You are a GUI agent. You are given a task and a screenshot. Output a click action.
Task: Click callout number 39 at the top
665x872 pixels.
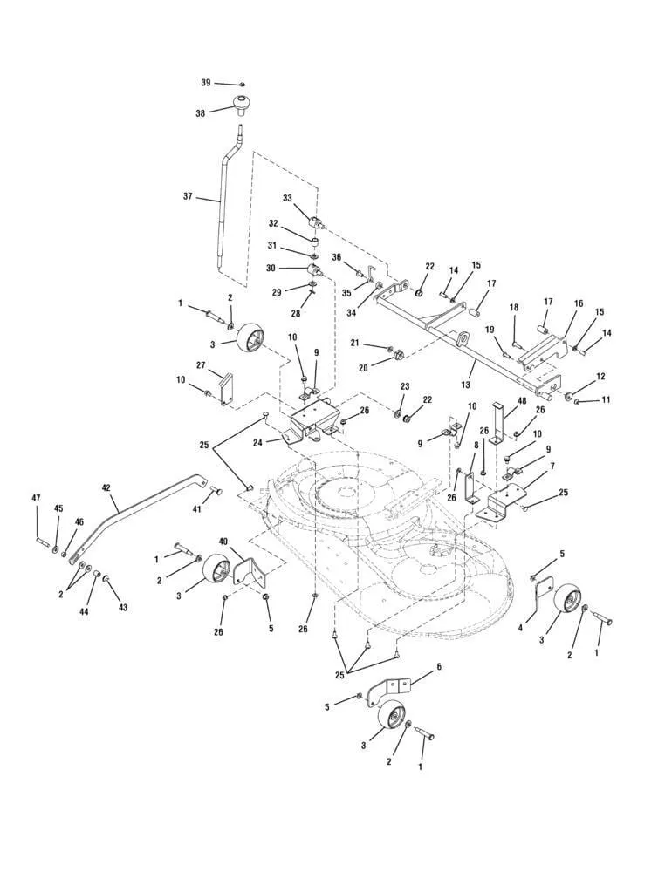(x=206, y=82)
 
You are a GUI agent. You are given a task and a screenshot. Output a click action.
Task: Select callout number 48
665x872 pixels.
(x=523, y=402)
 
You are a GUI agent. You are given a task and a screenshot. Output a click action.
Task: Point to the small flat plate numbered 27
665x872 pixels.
(x=228, y=388)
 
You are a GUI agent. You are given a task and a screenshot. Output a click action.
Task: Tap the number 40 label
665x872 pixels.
(x=223, y=542)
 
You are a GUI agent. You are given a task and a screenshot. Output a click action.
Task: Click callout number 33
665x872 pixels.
(x=288, y=198)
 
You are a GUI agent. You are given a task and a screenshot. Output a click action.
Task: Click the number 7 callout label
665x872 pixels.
(x=551, y=467)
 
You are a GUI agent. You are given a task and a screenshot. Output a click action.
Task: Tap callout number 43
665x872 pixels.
(x=123, y=607)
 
